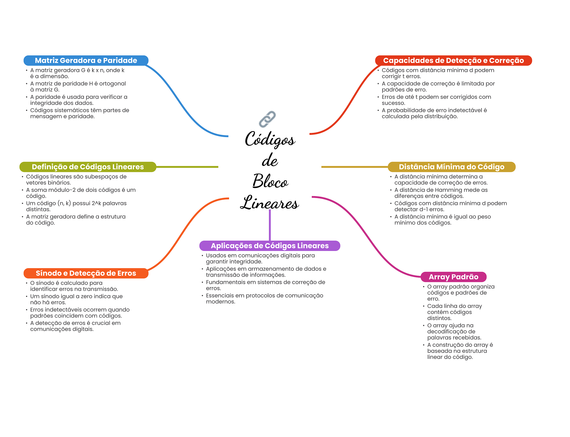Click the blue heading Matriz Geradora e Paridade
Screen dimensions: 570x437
click(86, 60)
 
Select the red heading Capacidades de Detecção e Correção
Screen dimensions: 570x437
click(453, 60)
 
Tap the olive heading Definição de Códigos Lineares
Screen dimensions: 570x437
click(88, 167)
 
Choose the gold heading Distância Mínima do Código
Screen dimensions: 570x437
click(451, 167)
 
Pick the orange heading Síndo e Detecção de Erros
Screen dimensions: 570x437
click(86, 273)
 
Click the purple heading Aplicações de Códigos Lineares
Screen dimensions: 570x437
click(269, 246)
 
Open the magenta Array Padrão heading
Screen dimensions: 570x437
click(453, 277)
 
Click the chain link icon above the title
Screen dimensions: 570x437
click(267, 119)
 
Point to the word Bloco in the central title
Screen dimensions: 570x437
click(270, 181)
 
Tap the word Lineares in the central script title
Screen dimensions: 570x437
click(269, 202)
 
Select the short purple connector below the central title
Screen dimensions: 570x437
click(270, 225)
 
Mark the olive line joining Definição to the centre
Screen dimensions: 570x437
click(187, 167)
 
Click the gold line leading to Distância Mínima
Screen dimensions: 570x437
click(354, 167)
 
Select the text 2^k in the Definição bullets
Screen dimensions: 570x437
click(96, 203)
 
